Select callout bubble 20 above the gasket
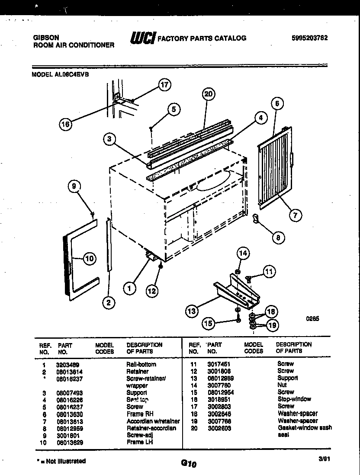[x=209, y=95]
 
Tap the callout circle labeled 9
[x=74, y=186]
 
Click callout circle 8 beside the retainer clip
[x=278, y=237]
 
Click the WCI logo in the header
[x=142, y=38]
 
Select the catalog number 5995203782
[x=309, y=38]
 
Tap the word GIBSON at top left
[x=46, y=38]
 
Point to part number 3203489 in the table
[x=67, y=365]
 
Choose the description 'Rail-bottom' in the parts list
[x=141, y=365]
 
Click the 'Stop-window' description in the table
[x=294, y=399]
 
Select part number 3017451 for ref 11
[x=219, y=364]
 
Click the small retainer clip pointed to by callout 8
[x=255, y=219]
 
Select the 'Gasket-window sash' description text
[x=305, y=427]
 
